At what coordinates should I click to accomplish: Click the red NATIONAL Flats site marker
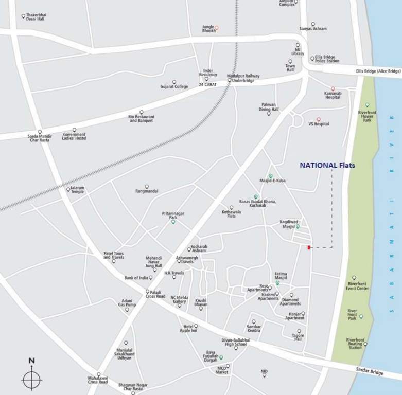coord(309,248)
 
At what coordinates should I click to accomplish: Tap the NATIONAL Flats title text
coord(327,165)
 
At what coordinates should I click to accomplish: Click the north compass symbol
coord(31,380)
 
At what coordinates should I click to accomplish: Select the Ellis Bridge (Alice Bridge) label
coord(378,71)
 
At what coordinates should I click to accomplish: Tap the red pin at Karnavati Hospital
coord(333,89)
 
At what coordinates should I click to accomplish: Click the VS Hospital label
coord(319,124)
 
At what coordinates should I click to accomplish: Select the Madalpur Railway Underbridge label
coord(243,78)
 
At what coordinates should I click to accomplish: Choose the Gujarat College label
coord(174,86)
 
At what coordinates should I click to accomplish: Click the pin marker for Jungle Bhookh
coord(216,27)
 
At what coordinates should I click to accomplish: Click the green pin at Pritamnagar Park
coord(173,222)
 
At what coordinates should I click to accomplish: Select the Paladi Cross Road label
coord(155,294)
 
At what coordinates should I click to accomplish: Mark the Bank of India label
coord(136,278)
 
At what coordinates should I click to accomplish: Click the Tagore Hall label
coord(298,337)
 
